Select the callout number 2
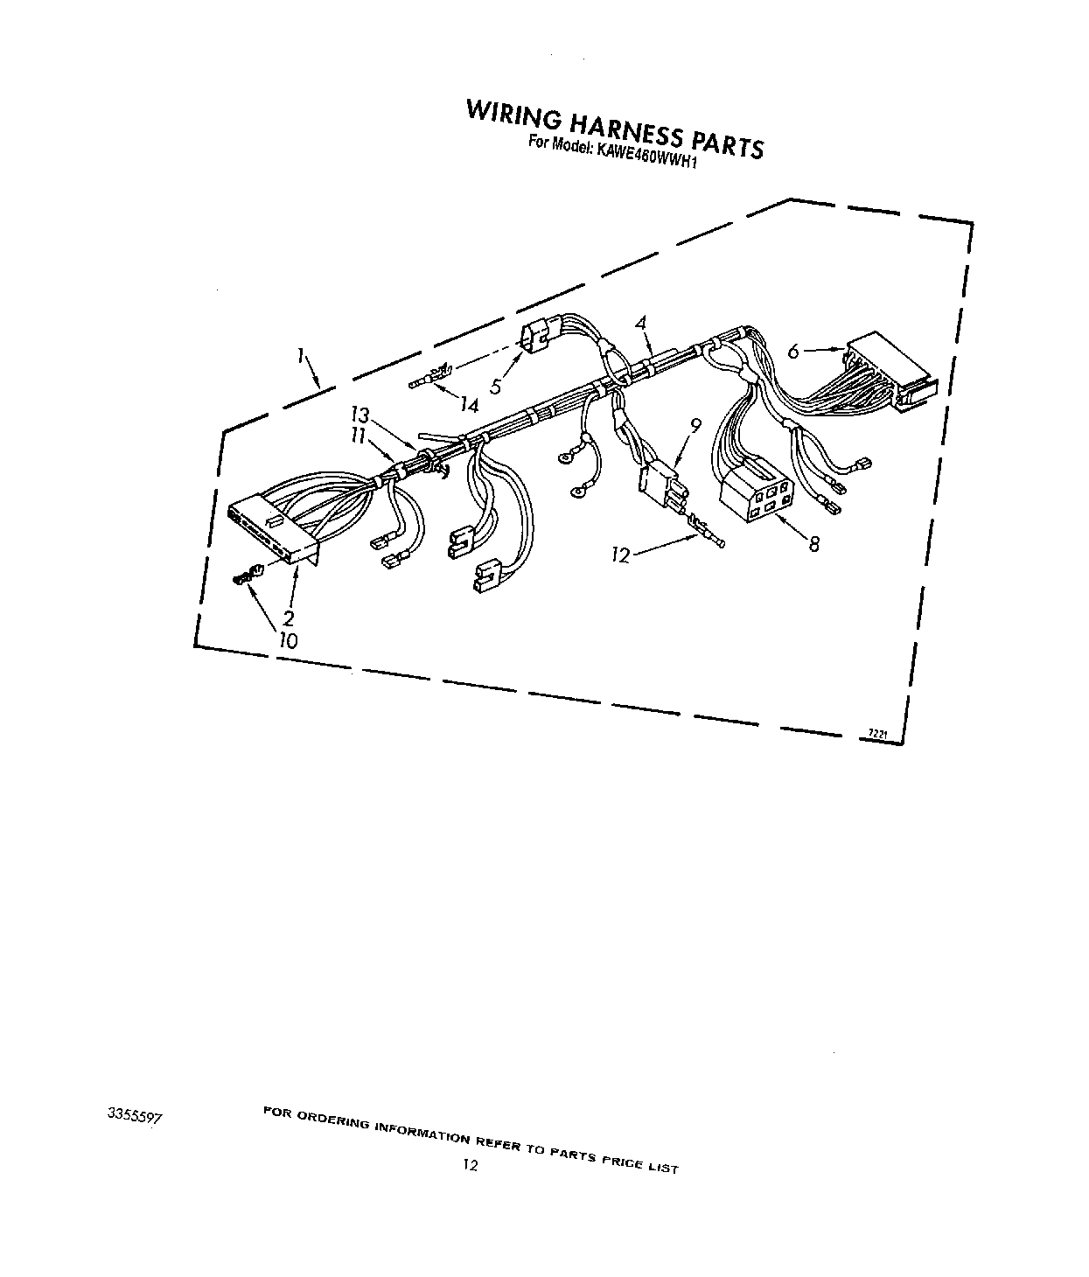288,618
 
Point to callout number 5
496,385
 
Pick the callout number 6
792,352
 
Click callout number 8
813,544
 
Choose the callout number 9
695,427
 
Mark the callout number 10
288,640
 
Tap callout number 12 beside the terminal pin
621,555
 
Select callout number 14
470,405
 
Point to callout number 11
359,435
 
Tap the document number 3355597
135,1117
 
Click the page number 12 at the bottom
471,1165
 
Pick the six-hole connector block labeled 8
756,496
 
